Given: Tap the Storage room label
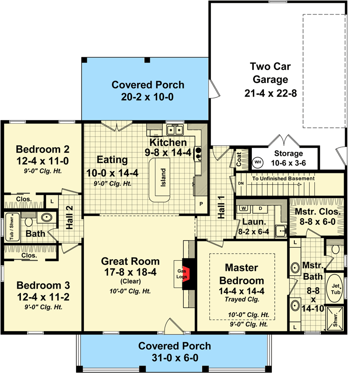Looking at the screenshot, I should tap(288, 153).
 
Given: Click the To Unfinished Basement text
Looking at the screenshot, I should tap(284, 178).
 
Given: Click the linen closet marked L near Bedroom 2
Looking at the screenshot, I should tap(51, 202).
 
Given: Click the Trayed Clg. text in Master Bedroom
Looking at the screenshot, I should tap(238, 299).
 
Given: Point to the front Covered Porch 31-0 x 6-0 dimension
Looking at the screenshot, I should tap(174, 358).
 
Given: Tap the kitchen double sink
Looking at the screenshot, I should tap(175, 130).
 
